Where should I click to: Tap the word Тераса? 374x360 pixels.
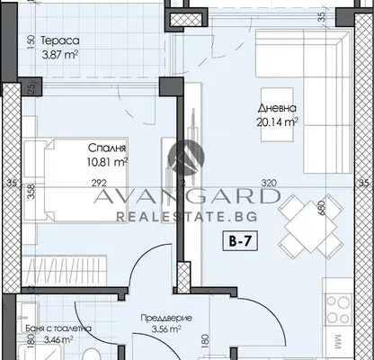(60, 40)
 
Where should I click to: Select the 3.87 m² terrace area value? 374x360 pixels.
(60, 55)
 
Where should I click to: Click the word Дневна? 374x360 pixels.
(277, 108)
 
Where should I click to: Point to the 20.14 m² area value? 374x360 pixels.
(277, 122)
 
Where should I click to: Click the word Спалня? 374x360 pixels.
(107, 148)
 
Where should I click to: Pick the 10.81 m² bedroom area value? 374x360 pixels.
(108, 162)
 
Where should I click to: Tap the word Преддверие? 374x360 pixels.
(166, 318)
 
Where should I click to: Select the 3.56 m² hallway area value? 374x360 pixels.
(166, 329)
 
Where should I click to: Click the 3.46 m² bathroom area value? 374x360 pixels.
(58, 340)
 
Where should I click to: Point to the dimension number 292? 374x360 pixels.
(99, 183)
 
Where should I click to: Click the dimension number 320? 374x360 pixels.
(269, 183)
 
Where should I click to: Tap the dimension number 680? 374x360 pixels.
(321, 208)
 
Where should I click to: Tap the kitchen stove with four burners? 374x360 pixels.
(338, 310)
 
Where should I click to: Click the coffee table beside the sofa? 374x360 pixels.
(277, 114)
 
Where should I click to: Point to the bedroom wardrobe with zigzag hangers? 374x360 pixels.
(65, 271)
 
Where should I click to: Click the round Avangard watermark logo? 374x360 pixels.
(186, 157)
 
